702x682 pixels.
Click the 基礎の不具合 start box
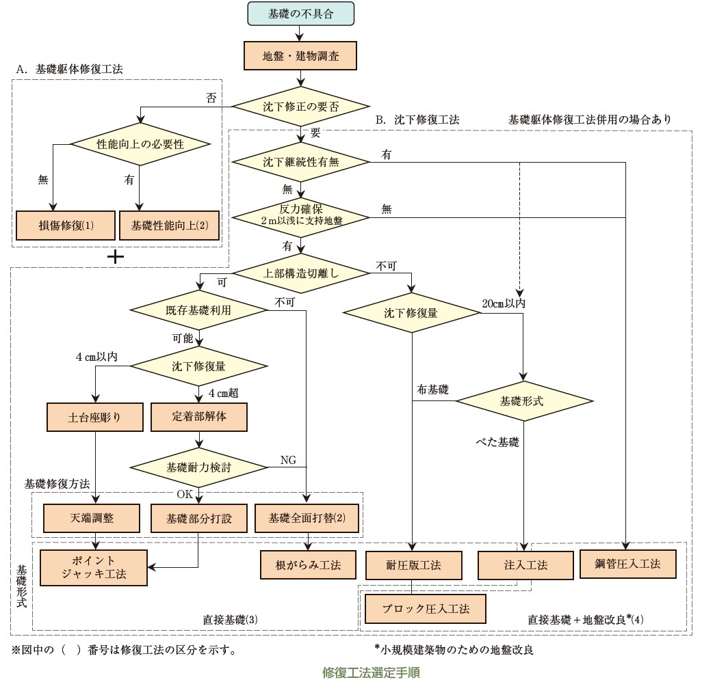click(x=300, y=14)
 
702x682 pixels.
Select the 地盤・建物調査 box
click(x=300, y=57)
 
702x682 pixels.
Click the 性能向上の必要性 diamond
click(x=140, y=144)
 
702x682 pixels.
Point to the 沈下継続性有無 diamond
click(x=300, y=162)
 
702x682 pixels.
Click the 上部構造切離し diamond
click(x=300, y=272)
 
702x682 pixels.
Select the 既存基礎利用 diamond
click(x=198, y=310)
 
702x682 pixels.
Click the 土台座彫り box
click(x=94, y=417)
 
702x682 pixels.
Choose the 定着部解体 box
click(x=198, y=417)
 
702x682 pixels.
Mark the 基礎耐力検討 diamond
click(x=198, y=467)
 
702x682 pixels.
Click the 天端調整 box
click(x=94, y=519)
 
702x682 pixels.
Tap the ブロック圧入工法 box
click(x=426, y=609)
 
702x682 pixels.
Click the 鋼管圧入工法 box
click(x=628, y=564)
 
